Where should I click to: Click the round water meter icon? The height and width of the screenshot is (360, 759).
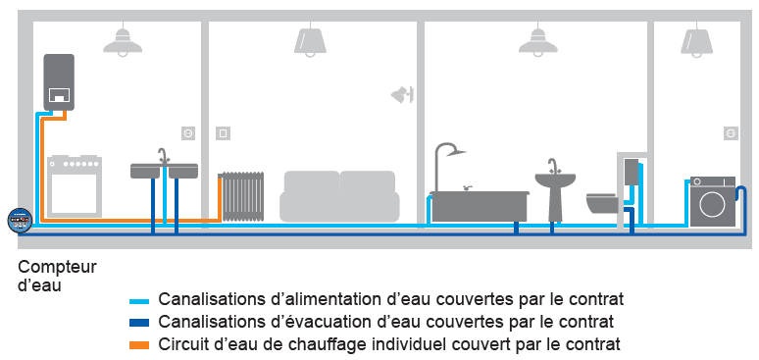pyautogui.click(x=20, y=221)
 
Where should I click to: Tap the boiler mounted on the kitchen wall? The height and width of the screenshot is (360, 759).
pyautogui.click(x=59, y=81)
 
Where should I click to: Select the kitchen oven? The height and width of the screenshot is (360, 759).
pyautogui.click(x=75, y=186)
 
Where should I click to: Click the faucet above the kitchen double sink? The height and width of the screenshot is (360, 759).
pyautogui.click(x=164, y=157)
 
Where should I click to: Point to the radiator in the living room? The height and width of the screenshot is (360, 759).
pyautogui.click(x=242, y=196)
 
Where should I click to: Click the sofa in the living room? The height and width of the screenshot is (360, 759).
pyautogui.click(x=339, y=196)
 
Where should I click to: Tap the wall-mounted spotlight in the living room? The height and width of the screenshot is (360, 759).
pyautogui.click(x=402, y=94)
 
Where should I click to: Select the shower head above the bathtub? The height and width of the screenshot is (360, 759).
pyautogui.click(x=455, y=152)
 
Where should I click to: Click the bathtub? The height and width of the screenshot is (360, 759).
pyautogui.click(x=480, y=206)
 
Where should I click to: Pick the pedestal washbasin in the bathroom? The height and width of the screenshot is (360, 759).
pyautogui.click(x=555, y=190)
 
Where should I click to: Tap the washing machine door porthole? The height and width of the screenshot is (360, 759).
pyautogui.click(x=713, y=204)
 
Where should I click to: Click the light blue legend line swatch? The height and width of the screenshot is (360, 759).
pyautogui.click(x=142, y=301)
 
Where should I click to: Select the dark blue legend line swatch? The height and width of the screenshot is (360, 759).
pyautogui.click(x=142, y=323)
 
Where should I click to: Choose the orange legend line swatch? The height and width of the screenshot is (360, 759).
pyautogui.click(x=142, y=345)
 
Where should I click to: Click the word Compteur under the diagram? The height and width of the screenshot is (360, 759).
pyautogui.click(x=58, y=268)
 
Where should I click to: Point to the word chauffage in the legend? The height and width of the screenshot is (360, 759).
pyautogui.click(x=306, y=345)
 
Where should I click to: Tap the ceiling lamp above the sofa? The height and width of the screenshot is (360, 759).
pyautogui.click(x=310, y=41)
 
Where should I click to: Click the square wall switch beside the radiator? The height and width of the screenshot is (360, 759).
pyautogui.click(x=224, y=132)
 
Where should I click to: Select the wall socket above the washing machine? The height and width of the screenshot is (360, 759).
pyautogui.click(x=731, y=133)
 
